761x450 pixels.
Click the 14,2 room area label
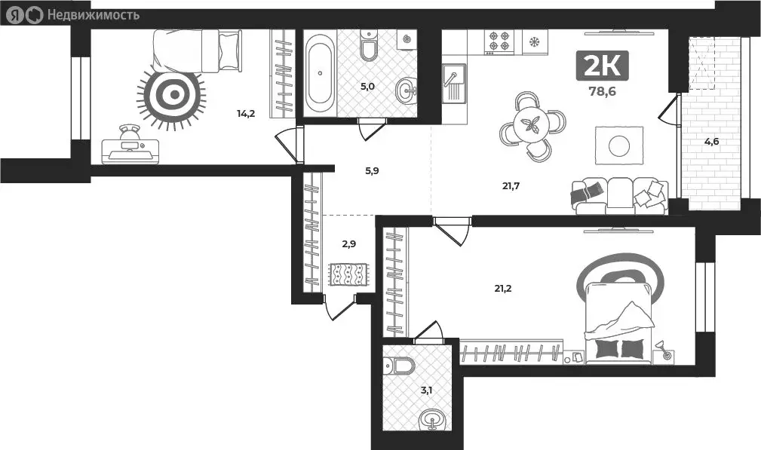245,115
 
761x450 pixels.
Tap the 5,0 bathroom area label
367,87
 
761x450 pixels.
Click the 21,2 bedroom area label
503,287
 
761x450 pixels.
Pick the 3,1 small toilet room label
426,390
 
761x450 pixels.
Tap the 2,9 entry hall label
348,244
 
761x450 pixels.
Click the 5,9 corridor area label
372,171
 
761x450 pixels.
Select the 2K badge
602,66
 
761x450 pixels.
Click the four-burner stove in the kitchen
499,41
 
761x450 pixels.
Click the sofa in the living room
619,196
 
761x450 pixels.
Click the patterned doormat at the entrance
348,274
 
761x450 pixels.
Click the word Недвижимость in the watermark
93,14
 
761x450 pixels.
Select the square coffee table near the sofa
619,145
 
